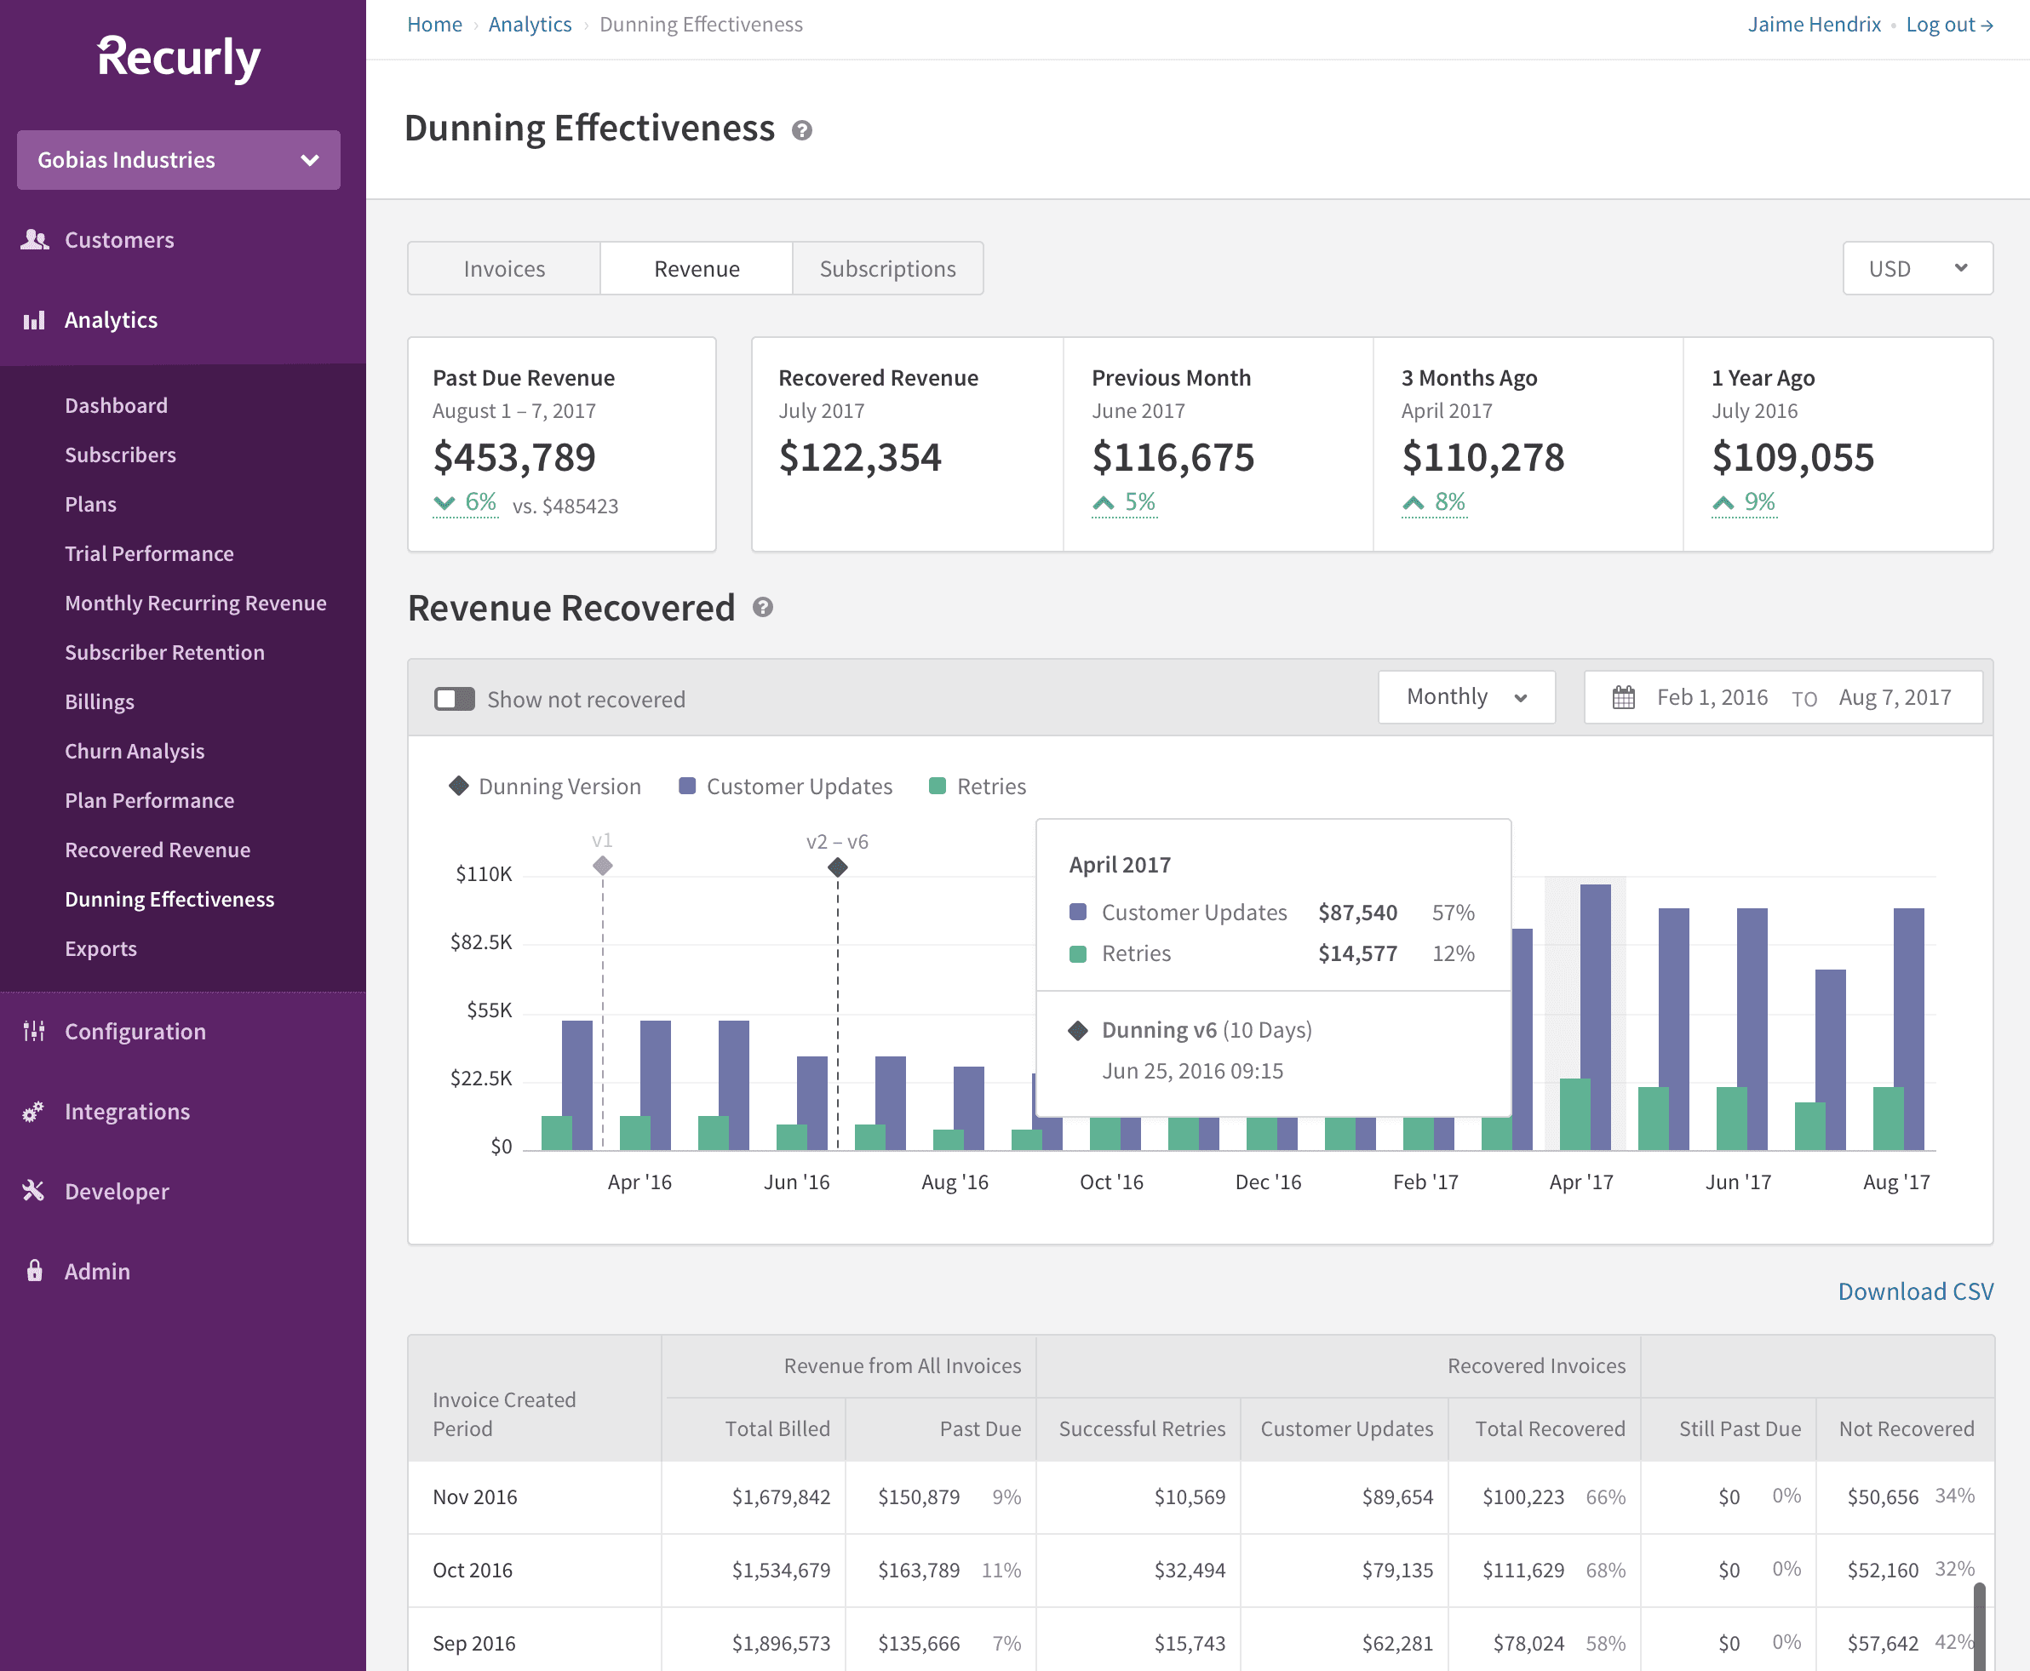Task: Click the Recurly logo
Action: (x=179, y=58)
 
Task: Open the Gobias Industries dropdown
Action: (x=179, y=160)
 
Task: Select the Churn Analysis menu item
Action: (x=135, y=751)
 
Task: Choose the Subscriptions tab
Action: (x=887, y=268)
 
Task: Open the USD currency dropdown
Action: (x=1917, y=268)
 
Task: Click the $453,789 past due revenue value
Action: (x=514, y=457)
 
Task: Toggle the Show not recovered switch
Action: (x=455, y=699)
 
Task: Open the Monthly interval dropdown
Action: (x=1465, y=697)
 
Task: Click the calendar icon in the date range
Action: (x=1624, y=697)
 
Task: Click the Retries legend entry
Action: (x=978, y=787)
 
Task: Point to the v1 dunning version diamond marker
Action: (x=603, y=866)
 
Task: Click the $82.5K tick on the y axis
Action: (x=481, y=941)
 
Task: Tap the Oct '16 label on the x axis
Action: (x=1111, y=1182)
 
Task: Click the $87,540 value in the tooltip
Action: (x=1356, y=913)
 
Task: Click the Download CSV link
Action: (x=1914, y=1290)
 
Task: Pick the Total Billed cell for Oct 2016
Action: (x=780, y=1570)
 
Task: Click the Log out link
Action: (x=1948, y=25)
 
